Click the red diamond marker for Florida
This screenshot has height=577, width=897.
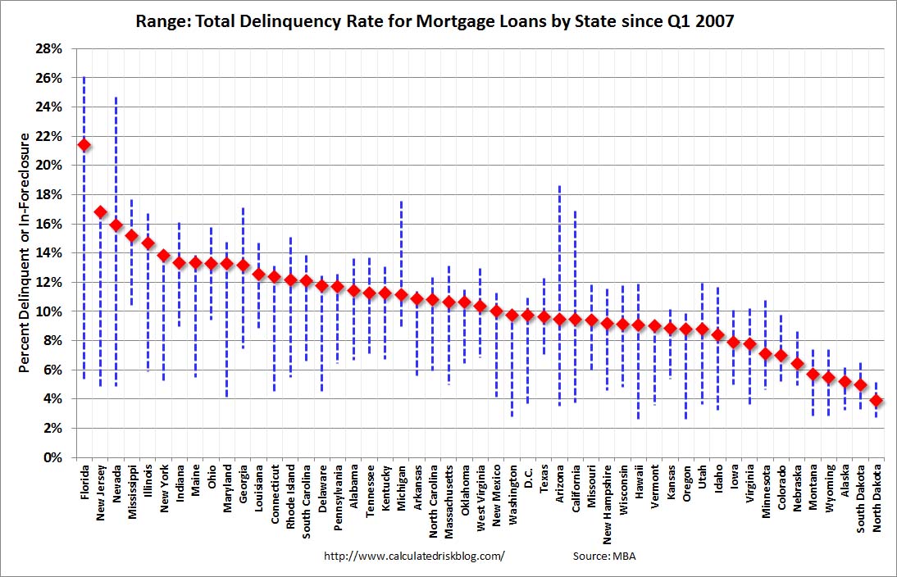(84, 145)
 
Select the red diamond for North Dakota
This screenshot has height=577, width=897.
(877, 401)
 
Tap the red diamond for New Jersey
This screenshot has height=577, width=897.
(101, 212)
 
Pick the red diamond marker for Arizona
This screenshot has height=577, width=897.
(560, 319)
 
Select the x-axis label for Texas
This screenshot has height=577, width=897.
(544, 479)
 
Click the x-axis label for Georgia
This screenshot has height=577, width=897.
(244, 484)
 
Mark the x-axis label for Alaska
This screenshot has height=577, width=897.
(845, 481)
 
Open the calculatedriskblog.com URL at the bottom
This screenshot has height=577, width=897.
(414, 556)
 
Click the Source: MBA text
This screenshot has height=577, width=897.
(604, 556)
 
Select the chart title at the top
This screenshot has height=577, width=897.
(435, 21)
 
